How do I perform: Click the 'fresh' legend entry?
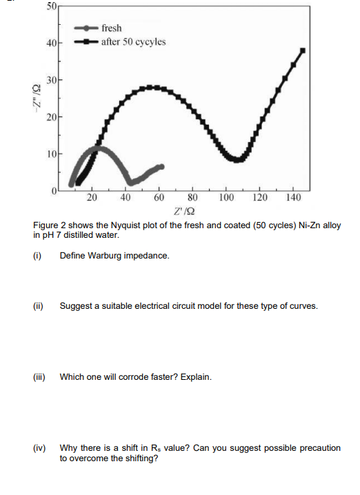[111, 28]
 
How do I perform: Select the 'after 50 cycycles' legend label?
[133, 41]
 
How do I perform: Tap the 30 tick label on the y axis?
[52, 81]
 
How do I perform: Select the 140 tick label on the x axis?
[292, 198]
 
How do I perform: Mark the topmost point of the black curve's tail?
[302, 50]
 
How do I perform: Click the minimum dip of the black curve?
[237, 160]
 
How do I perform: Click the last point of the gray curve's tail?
[161, 166]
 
